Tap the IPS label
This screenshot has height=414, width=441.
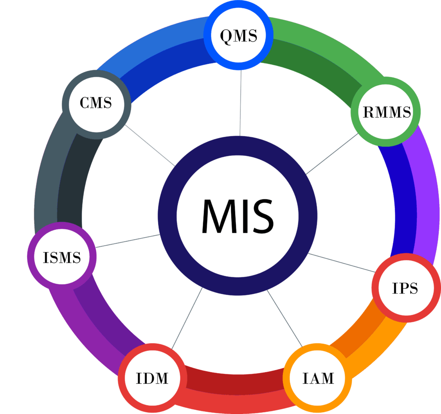(x=405, y=288)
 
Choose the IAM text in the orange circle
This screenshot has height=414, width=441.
(x=318, y=378)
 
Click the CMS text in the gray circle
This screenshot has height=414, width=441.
(x=96, y=103)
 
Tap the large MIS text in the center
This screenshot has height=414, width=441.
(x=237, y=215)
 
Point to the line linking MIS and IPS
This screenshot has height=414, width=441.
(x=342, y=262)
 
